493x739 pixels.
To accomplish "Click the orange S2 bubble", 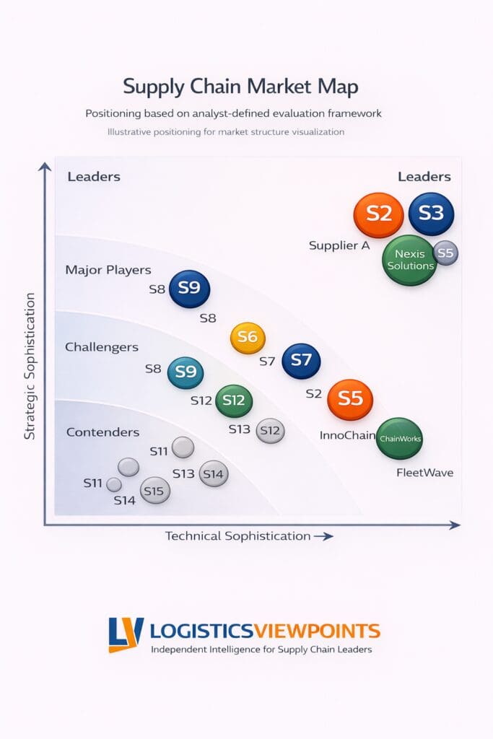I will click(x=379, y=214).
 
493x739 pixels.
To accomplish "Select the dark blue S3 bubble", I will click(x=431, y=214).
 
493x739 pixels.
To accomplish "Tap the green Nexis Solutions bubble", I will click(x=410, y=260).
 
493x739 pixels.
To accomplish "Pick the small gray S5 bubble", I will click(x=445, y=253).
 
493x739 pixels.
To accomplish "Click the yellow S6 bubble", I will click(x=248, y=338).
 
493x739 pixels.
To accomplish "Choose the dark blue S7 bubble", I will click(x=301, y=361).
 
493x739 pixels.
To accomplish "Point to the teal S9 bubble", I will click(x=186, y=372).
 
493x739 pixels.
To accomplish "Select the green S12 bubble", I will click(x=234, y=401).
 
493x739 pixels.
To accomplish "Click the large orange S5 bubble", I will click(x=350, y=399).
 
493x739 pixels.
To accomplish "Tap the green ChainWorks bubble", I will click(x=399, y=439).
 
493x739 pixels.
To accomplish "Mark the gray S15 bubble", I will click(x=155, y=490).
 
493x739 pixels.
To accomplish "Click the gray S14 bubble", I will click(x=214, y=473).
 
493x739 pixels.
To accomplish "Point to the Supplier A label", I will click(x=339, y=245).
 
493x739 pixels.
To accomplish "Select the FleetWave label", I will click(x=424, y=473).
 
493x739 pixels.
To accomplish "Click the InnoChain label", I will click(x=346, y=436).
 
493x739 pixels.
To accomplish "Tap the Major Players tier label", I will click(x=108, y=270).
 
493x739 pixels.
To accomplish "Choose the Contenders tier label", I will click(x=102, y=432).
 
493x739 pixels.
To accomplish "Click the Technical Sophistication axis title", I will click(x=238, y=535).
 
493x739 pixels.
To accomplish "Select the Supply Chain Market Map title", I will click(x=240, y=87).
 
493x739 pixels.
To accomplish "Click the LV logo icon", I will click(x=126, y=634).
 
